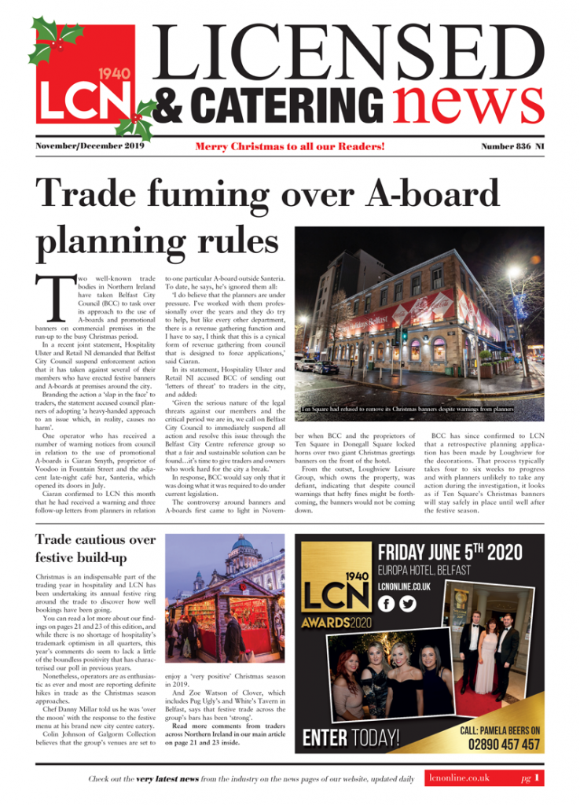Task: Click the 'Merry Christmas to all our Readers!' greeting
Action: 312,147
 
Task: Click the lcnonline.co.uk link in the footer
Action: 459,778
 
